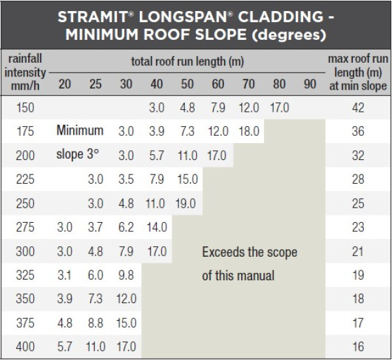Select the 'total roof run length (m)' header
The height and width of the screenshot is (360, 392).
pyautogui.click(x=187, y=61)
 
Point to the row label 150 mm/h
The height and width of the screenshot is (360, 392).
pyautogui.click(x=25, y=108)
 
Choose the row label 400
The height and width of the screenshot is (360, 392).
pyautogui.click(x=25, y=347)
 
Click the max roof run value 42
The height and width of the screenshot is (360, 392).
pyautogui.click(x=357, y=108)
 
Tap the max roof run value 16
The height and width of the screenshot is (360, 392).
pyautogui.click(x=357, y=347)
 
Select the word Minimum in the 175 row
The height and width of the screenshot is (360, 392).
pyautogui.click(x=80, y=131)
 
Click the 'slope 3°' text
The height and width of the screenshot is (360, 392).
pyautogui.click(x=80, y=155)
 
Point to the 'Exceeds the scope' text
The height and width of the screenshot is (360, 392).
pyautogui.click(x=250, y=252)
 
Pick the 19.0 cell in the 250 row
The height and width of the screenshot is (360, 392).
pyautogui.click(x=188, y=203)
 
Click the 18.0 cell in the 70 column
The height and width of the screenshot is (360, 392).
pyautogui.click(x=249, y=131)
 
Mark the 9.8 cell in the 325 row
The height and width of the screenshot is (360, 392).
pyautogui.click(x=126, y=275)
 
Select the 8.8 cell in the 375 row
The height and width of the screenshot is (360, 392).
pyautogui.click(x=95, y=323)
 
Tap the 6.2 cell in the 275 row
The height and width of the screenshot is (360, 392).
pyautogui.click(x=126, y=227)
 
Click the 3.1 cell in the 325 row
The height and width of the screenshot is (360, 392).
pyautogui.click(x=65, y=275)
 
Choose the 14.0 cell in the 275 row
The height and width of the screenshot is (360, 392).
pyautogui.click(x=157, y=227)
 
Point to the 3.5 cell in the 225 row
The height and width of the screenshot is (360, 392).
pyautogui.click(x=126, y=180)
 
